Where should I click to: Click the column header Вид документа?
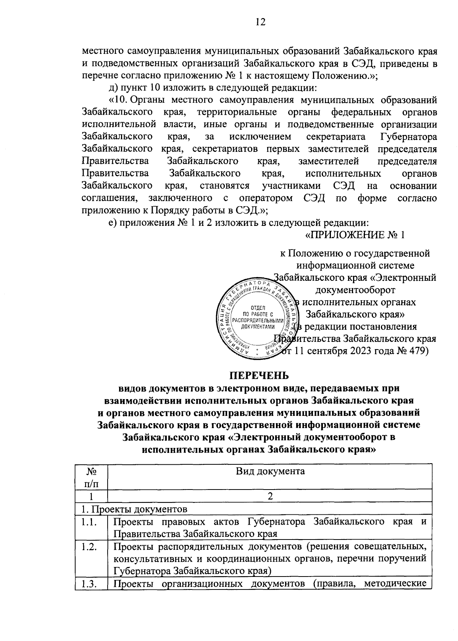click(270, 471)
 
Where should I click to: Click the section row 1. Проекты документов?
click(131, 509)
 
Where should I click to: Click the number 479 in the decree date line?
click(420, 351)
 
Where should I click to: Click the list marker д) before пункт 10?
click(114, 88)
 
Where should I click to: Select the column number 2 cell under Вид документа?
click(270, 496)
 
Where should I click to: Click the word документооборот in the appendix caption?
click(355, 290)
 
